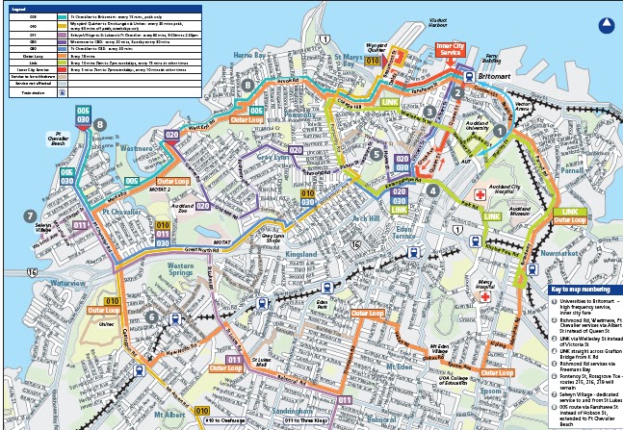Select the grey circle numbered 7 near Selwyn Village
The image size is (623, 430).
tap(30, 215)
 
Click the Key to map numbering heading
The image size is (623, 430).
tap(580, 288)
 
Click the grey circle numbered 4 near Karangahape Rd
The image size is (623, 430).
tap(433, 190)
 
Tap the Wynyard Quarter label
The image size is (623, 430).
tap(402, 46)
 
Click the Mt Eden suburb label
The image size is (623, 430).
tap(398, 367)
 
